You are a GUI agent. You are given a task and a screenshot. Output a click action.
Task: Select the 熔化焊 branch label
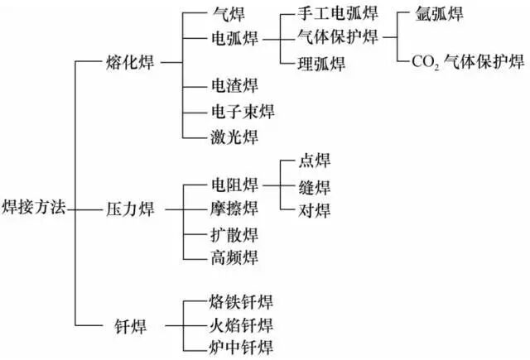point(132,61)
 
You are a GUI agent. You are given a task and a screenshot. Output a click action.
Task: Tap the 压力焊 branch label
point(132,210)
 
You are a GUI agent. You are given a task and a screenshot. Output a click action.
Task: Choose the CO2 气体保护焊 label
point(467,62)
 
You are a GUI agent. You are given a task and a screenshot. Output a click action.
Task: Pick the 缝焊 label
point(314,186)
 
